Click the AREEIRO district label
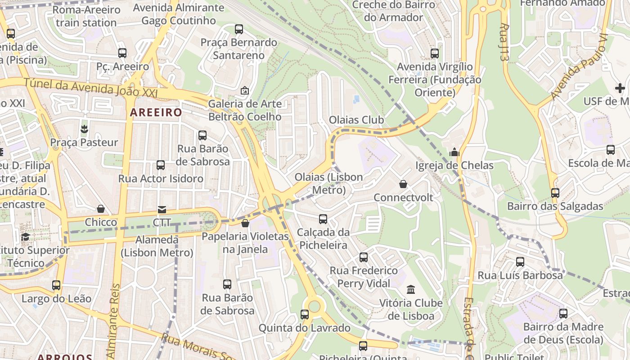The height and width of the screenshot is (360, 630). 156,112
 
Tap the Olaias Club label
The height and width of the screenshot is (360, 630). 356,120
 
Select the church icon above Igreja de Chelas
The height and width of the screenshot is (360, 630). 454,153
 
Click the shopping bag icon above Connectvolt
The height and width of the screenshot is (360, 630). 403,184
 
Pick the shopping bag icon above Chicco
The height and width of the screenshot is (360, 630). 101,209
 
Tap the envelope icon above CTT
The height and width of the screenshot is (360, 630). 162,209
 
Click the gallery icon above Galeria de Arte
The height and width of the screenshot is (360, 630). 245,90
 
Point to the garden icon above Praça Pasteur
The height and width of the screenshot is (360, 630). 84,130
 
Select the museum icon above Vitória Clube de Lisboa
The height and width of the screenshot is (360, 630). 411,289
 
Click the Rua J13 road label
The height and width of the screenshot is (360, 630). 504,42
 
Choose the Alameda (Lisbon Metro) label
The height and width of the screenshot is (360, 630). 157,246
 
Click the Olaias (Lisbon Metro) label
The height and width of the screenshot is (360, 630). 328,183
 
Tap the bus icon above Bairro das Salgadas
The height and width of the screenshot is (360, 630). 555,193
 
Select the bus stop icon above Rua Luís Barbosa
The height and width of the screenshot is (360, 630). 520,261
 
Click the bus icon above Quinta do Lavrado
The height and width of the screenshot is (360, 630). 305,315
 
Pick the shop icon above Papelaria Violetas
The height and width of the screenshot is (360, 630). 245,223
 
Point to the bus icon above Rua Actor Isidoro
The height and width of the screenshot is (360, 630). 161,165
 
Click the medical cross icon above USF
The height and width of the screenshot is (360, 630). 620,88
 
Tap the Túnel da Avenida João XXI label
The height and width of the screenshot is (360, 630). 90,87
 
